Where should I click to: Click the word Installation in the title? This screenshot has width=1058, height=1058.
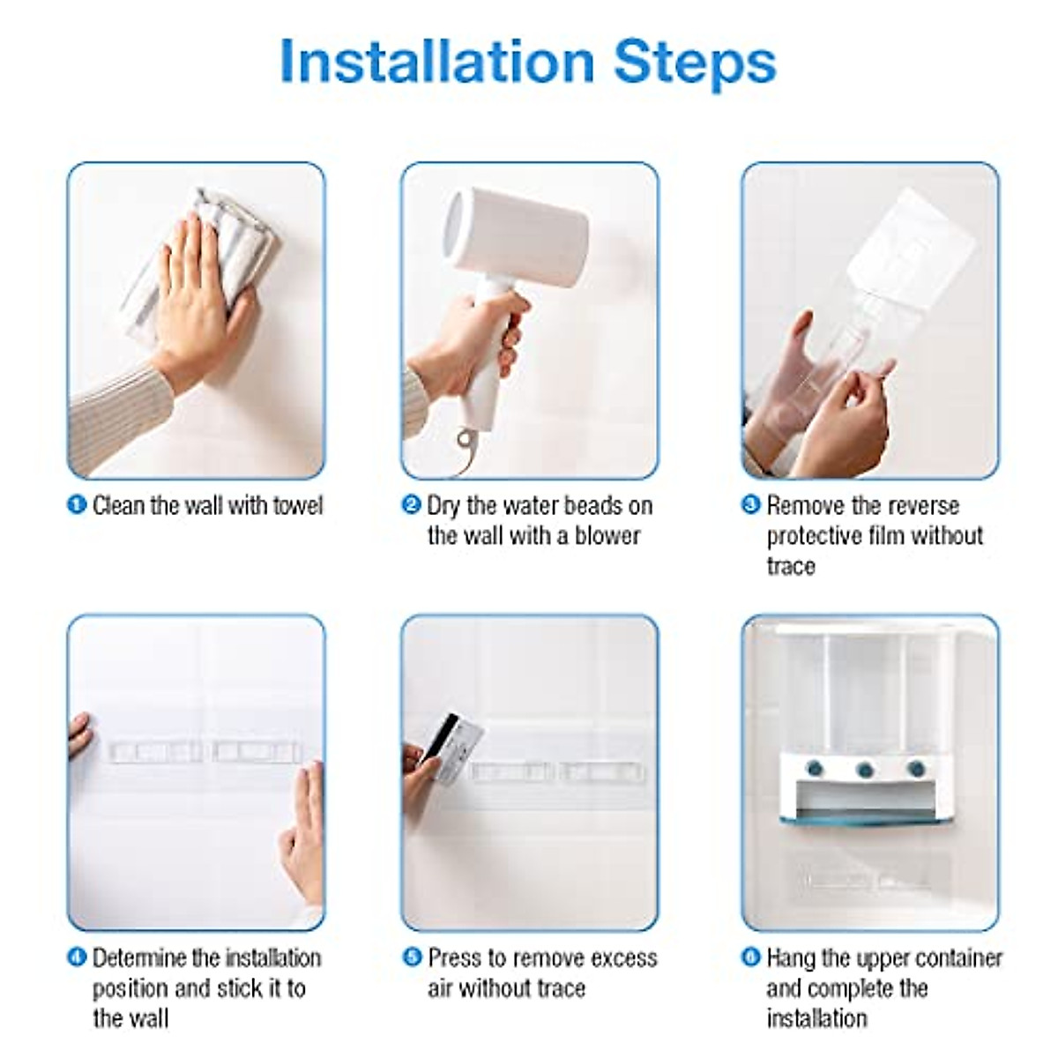coord(437,61)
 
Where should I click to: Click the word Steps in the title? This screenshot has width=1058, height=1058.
coord(695,64)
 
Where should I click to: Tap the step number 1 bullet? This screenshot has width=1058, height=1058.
coord(77,505)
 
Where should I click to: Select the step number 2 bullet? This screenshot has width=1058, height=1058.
coord(411,505)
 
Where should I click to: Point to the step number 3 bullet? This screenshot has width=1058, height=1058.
coord(750,505)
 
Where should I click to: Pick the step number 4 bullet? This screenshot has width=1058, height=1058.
coord(77,957)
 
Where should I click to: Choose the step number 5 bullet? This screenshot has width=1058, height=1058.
coord(411,957)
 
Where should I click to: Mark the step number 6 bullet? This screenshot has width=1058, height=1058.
coord(750,957)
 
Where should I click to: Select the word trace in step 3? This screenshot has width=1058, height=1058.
coord(790,567)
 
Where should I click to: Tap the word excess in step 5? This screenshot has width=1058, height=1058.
coord(621,958)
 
